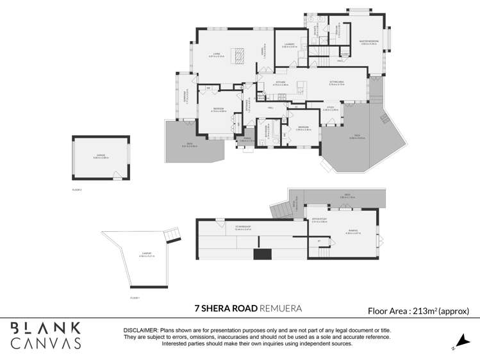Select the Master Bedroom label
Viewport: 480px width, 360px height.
[x=368, y=42]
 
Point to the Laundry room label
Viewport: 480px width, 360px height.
[x=289, y=45]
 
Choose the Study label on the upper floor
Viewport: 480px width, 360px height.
[x=331, y=108]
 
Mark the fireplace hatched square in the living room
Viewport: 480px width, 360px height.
[x=238, y=57]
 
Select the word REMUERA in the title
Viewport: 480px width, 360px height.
[x=280, y=309]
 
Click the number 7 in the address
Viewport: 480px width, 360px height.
[x=197, y=309]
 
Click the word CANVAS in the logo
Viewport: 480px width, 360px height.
[x=46, y=343]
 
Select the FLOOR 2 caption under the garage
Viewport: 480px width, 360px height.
[x=78, y=190]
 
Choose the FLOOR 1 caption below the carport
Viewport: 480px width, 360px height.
[x=135, y=298]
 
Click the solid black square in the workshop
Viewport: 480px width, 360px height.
[x=261, y=254]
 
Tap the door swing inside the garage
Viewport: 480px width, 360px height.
[x=117, y=175]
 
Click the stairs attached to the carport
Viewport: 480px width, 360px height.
[x=171, y=237]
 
